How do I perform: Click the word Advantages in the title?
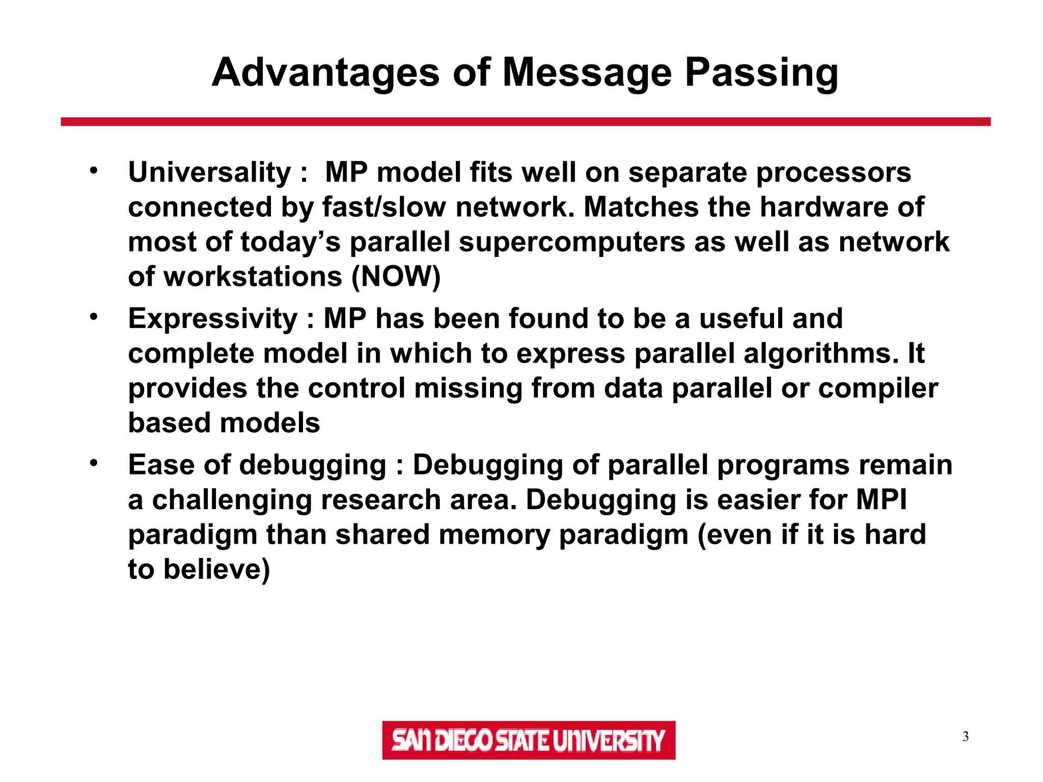[325, 73]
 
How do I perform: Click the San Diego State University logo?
[528, 740]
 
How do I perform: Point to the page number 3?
[965, 737]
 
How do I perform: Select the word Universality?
[209, 173]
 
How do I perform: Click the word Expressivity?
[212, 319]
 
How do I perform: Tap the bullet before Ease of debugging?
[93, 463]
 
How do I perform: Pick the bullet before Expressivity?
[93, 317]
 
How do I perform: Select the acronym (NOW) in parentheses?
[396, 277]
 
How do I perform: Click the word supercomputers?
[572, 242]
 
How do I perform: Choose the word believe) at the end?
[216, 569]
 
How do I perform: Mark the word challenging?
[232, 500]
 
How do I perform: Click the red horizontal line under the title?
[525, 122]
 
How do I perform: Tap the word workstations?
[253, 277]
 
